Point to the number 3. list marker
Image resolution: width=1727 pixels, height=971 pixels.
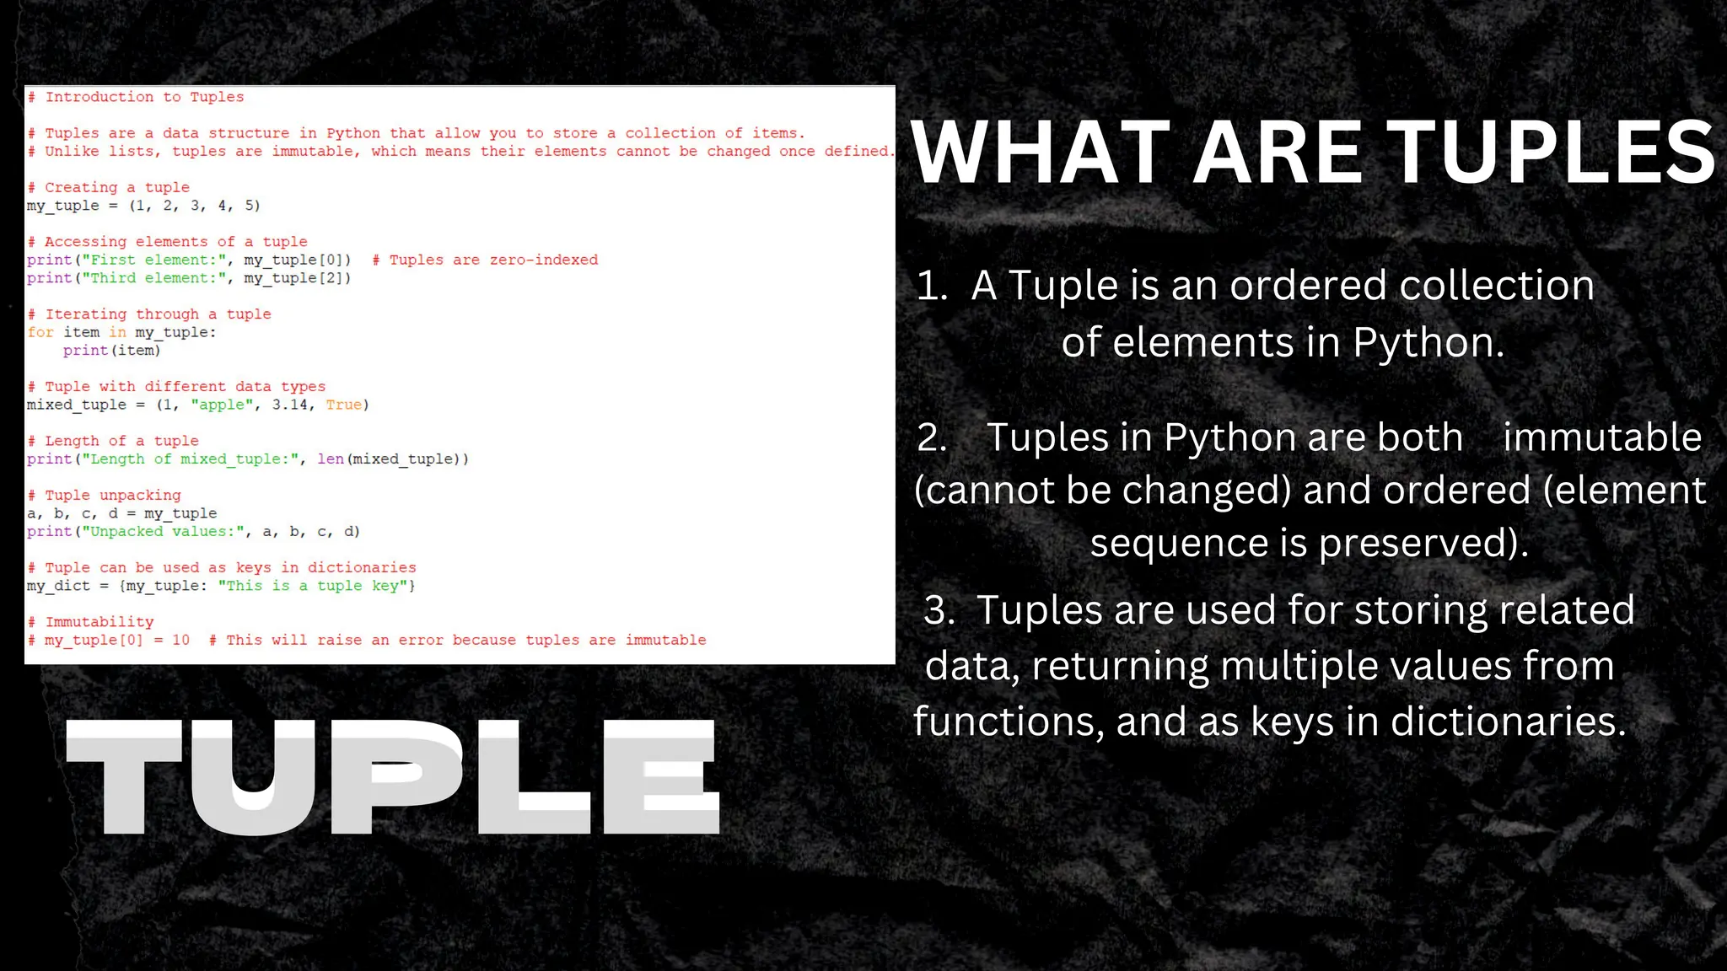939,610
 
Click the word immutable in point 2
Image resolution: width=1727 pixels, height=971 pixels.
1602,437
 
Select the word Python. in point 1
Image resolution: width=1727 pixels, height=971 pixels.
1428,343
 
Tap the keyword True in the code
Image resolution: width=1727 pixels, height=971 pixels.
344,405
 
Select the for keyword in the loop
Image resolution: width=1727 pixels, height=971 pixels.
40,332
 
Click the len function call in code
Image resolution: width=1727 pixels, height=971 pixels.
331,459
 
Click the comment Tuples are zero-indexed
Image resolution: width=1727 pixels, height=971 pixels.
486,260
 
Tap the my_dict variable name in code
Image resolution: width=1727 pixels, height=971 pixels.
58,586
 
